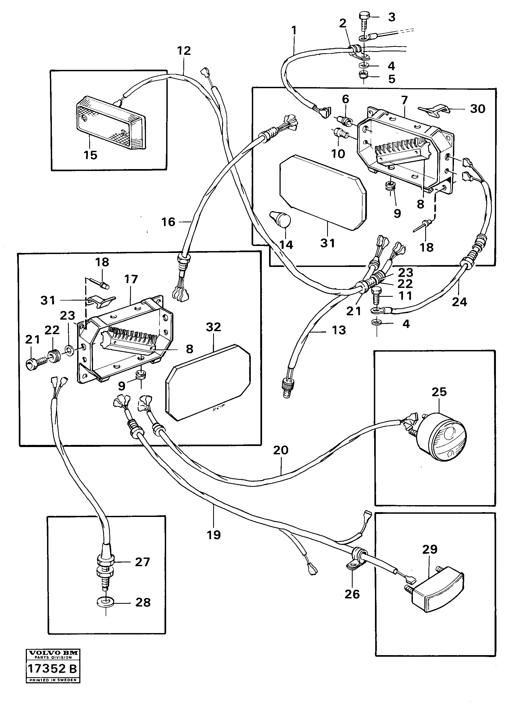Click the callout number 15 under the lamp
(x=90, y=155)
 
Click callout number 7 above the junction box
(x=404, y=100)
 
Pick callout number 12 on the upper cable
(x=184, y=51)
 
